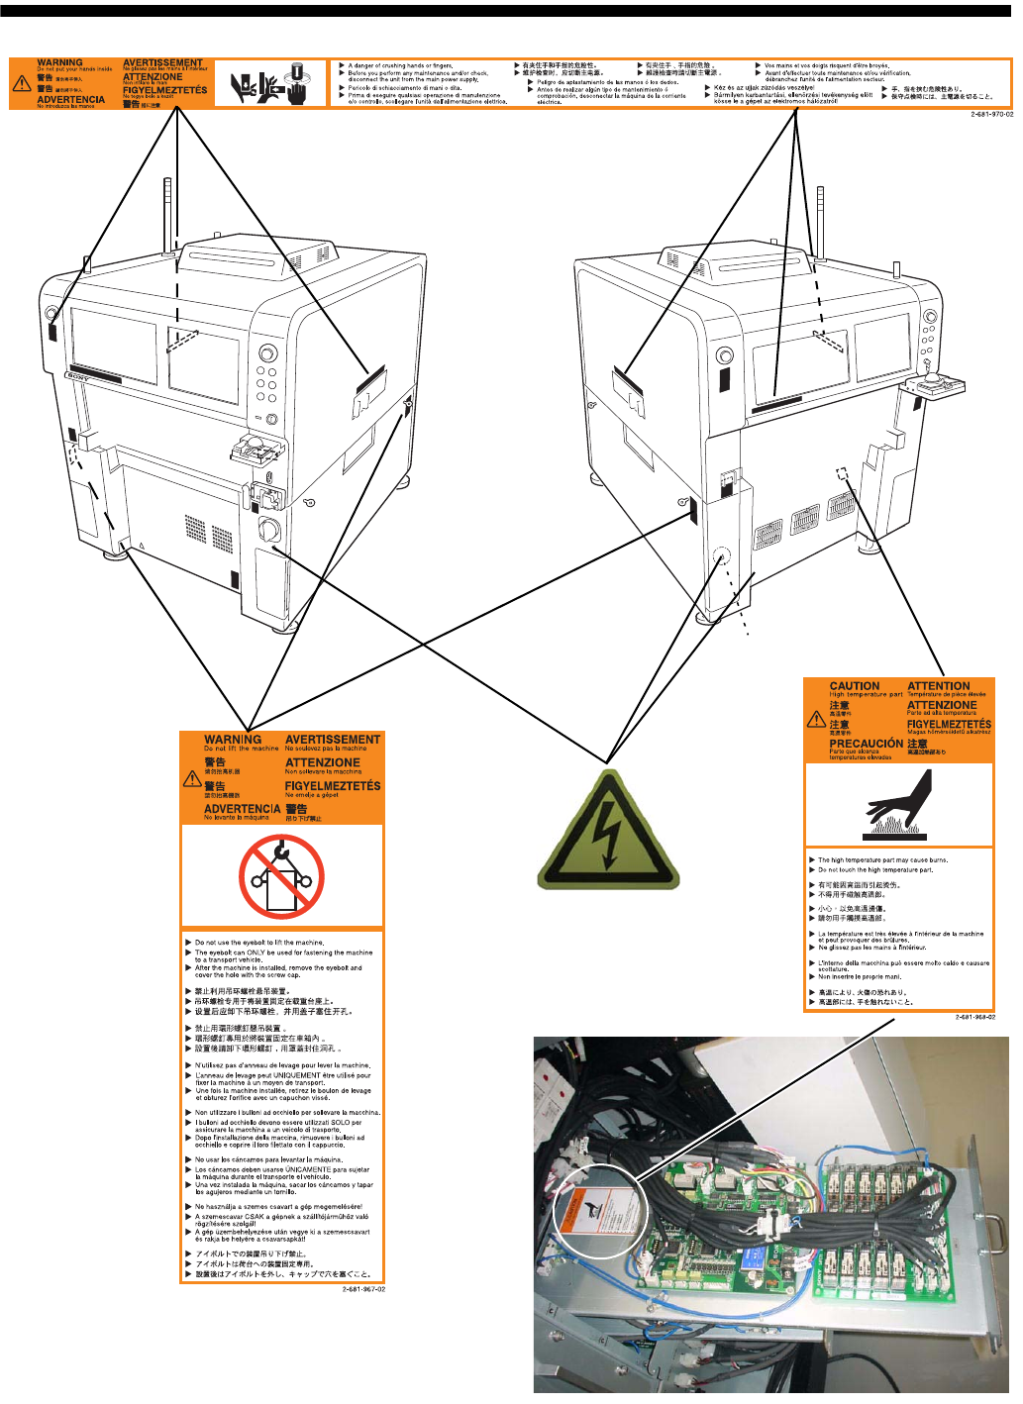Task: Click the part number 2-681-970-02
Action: tap(991, 114)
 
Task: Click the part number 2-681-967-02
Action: tap(363, 1289)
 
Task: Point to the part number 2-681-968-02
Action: tap(974, 1017)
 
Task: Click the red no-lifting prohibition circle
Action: tap(281, 876)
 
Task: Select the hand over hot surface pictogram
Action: tap(899, 805)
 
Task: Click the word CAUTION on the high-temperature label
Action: tap(855, 686)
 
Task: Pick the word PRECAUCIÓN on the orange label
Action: tap(866, 744)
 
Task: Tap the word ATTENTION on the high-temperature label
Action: tap(939, 686)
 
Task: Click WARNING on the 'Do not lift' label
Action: tap(233, 740)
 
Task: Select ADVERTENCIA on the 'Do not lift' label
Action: tap(242, 809)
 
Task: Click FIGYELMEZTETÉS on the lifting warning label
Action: tap(333, 786)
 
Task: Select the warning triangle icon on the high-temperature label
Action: tap(816, 720)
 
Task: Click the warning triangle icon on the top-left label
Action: tap(22, 84)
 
